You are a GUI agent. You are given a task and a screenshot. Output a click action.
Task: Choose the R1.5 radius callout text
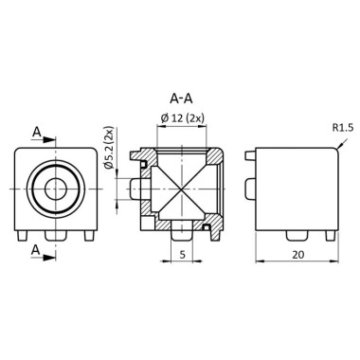[x=344, y=127]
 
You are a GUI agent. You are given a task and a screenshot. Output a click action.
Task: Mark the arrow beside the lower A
[x=49, y=242]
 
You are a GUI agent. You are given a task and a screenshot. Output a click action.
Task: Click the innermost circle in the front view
[x=56, y=188]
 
